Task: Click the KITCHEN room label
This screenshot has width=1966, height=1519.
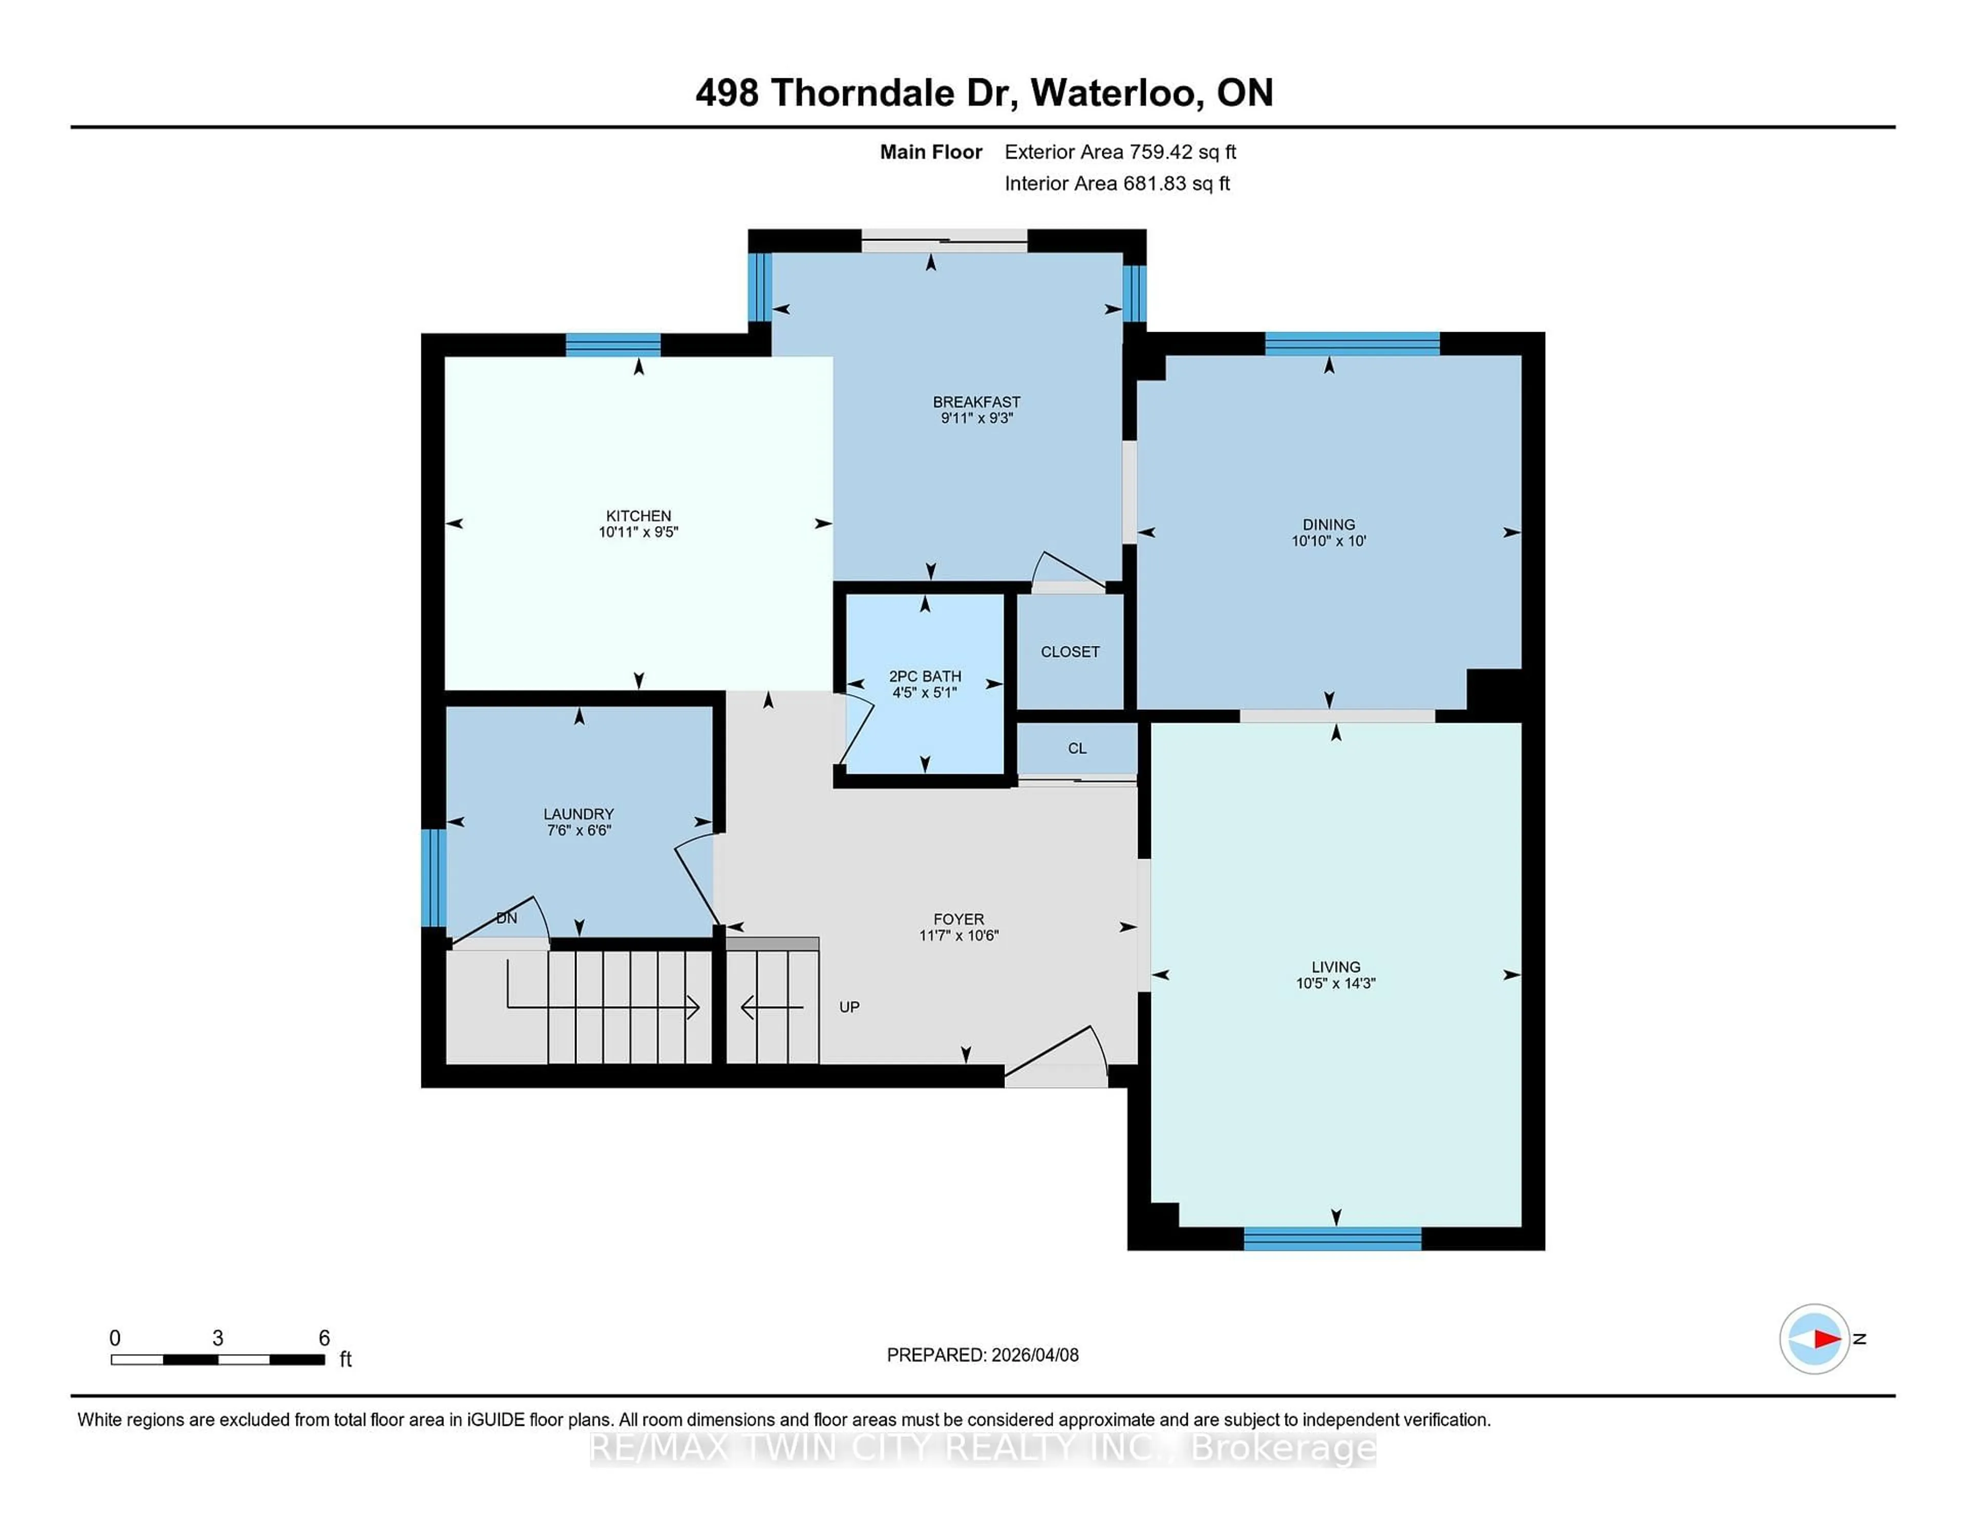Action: coord(638,516)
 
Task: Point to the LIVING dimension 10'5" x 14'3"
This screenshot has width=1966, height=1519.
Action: coord(1336,984)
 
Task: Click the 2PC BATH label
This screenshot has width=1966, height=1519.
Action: coord(925,676)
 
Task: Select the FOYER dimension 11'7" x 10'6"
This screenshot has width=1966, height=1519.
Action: coord(959,935)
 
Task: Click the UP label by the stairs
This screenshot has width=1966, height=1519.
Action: coord(849,1007)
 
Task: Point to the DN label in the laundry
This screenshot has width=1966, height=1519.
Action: coord(507,918)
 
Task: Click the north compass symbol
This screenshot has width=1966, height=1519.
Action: coord(1814,1339)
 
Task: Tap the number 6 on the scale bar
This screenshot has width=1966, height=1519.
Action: coord(324,1338)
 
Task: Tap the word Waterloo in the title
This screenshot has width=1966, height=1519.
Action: coord(1113,93)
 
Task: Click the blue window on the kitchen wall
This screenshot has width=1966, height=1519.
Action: coord(613,344)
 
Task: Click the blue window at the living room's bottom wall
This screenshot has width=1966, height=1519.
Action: coord(1332,1239)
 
